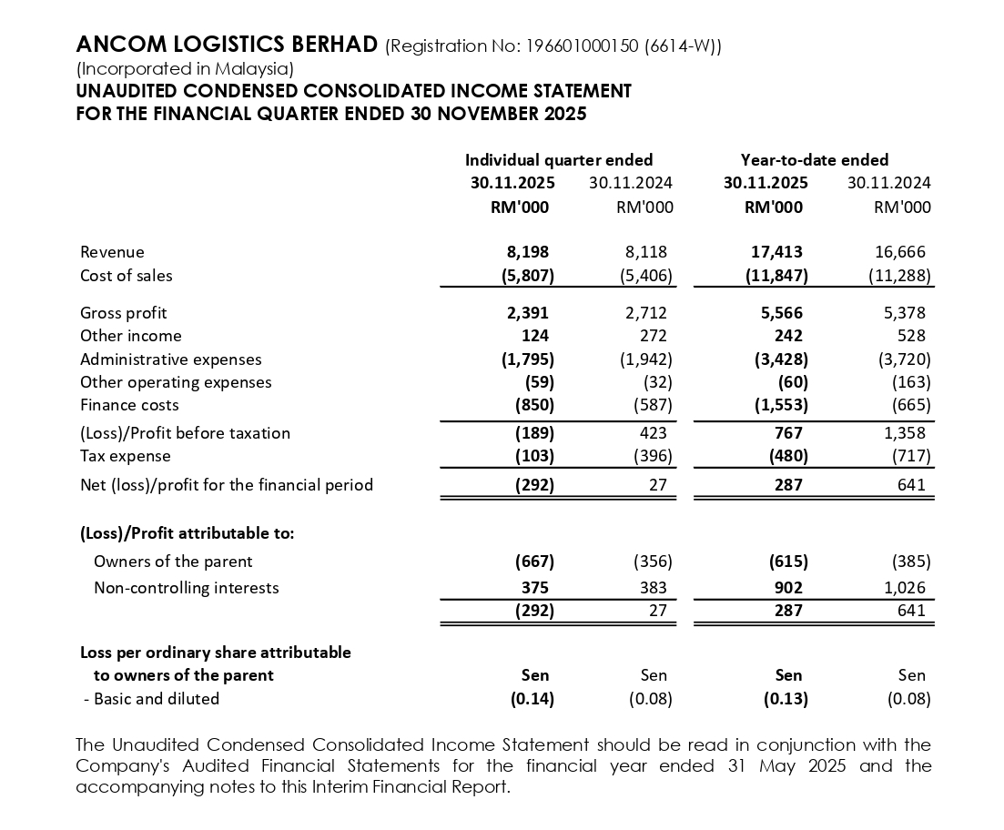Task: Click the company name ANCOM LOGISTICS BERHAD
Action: tap(227, 45)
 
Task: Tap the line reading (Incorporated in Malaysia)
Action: tap(185, 68)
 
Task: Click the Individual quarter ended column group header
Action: tap(559, 160)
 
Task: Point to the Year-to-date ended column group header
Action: tap(814, 160)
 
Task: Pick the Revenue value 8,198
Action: tap(528, 252)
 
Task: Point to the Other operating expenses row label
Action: tap(176, 382)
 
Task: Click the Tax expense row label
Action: tap(126, 456)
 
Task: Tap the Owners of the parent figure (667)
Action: tap(534, 562)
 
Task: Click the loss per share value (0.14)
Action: tap(534, 699)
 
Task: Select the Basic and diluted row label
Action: tap(151, 699)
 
